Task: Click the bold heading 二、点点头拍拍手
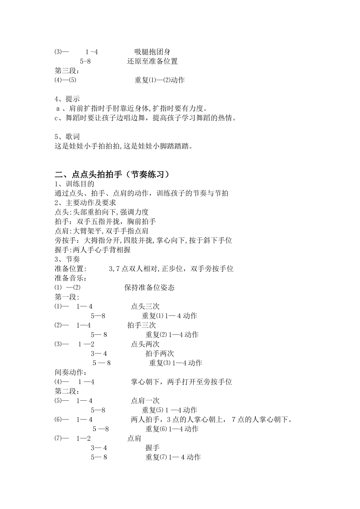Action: tap(112, 174)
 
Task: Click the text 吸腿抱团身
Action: tap(152, 52)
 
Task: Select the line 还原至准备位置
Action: tap(152, 61)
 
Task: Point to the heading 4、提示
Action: tap(67, 99)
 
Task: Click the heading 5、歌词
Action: tap(67, 137)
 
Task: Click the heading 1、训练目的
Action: tap(75, 184)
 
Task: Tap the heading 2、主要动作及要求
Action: tap(85, 203)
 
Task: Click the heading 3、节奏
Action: tap(67, 259)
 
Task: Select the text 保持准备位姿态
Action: tap(149, 287)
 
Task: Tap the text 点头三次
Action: tap(145, 306)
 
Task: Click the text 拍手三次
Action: tap(141, 325)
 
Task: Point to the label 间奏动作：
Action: tap(71, 372)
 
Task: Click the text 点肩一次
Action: tap(145, 401)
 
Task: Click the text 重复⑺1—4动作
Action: tap(173, 457)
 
